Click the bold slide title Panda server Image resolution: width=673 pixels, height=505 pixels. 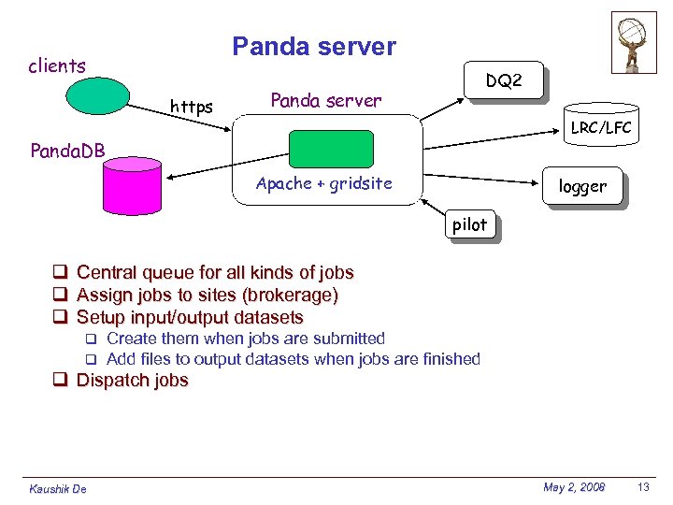tap(314, 47)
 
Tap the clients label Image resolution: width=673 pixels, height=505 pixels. tap(57, 66)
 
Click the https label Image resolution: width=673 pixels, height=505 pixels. tap(191, 108)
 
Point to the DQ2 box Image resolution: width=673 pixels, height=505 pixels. tap(504, 82)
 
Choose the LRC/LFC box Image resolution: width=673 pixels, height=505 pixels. tap(601, 128)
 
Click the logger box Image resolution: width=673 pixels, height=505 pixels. tap(582, 187)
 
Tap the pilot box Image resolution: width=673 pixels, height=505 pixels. tap(469, 225)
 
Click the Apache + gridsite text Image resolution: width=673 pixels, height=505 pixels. tap(324, 184)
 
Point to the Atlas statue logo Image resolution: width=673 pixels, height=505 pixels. tap(634, 42)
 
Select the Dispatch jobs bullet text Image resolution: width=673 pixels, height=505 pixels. tap(132, 381)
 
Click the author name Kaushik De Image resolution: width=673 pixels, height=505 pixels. tap(58, 489)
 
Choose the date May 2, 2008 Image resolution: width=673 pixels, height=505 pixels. tap(574, 487)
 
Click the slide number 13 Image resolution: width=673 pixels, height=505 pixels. tap(642, 487)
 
